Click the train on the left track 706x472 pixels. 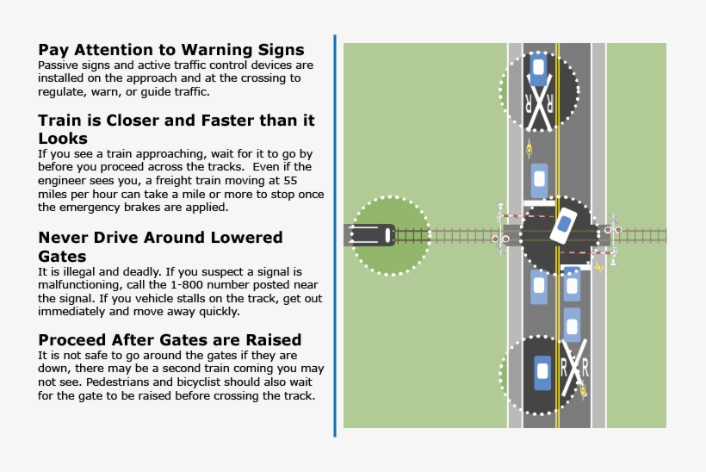[x=369, y=234]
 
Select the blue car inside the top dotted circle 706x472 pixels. [x=538, y=70]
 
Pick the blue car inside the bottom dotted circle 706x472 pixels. [x=542, y=371]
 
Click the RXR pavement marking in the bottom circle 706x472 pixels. [x=573, y=369]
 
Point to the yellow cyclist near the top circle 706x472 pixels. [x=528, y=148]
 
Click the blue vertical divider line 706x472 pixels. [x=334, y=235]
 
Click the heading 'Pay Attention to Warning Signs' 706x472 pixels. [x=170, y=49]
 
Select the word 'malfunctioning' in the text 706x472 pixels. [x=78, y=285]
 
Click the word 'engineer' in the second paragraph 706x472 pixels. [x=65, y=181]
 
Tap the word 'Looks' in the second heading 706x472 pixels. [x=63, y=138]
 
